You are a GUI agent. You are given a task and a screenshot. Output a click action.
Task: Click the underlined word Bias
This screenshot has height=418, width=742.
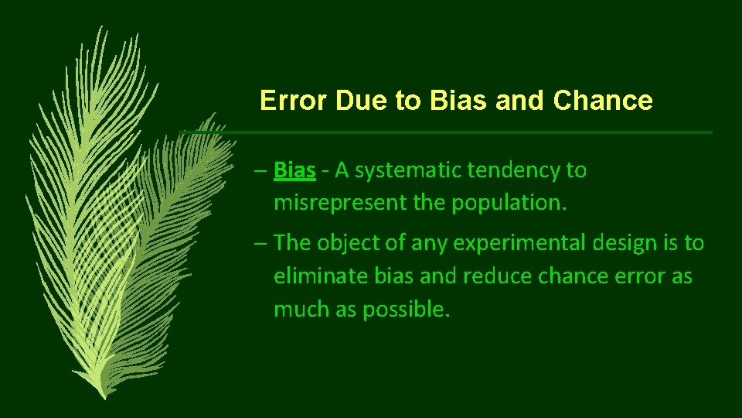point(294,170)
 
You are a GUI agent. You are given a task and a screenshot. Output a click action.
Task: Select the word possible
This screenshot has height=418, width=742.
point(406,310)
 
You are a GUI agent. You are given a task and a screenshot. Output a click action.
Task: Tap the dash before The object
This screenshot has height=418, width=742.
point(260,243)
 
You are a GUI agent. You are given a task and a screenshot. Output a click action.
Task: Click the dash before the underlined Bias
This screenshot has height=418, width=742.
point(260,170)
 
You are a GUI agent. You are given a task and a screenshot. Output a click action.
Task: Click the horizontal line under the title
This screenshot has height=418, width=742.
point(464,132)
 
